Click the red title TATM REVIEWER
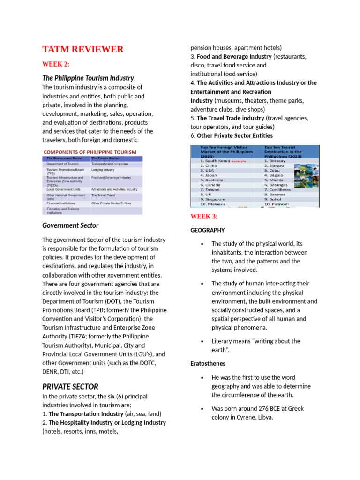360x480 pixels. (x=83, y=49)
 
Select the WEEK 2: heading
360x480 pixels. (x=56, y=64)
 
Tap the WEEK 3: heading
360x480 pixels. (x=204, y=216)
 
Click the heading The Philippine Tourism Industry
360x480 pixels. (x=88, y=78)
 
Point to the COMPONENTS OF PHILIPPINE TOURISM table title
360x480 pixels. (x=90, y=152)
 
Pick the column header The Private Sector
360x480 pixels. (x=105, y=158)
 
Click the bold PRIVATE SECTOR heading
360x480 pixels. (x=70, y=387)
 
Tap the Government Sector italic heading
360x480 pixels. (x=70, y=225)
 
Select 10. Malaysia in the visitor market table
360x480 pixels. (x=213, y=204)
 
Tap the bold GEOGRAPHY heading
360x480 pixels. (x=207, y=230)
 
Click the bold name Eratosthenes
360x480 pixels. (x=208, y=363)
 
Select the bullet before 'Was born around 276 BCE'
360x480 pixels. (x=202, y=409)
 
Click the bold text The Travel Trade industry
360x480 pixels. (x=231, y=118)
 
